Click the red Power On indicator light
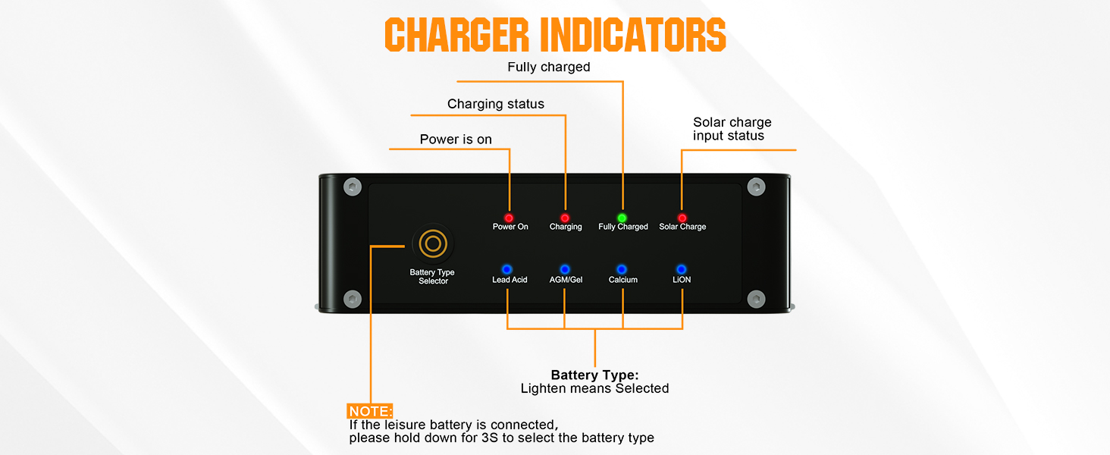509,218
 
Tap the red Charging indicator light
565,218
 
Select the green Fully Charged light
622,218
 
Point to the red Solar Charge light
682,218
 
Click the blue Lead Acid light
507,269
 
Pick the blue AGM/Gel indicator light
565,269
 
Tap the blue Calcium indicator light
622,269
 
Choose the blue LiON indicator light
681,269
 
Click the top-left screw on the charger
351,187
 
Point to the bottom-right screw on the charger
755,298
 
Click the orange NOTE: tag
371,412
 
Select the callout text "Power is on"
456,140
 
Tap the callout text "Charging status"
496,104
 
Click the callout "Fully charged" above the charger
549,67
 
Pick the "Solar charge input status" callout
732,129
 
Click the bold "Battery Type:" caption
595,375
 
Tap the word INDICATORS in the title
633,34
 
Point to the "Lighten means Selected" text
595,388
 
